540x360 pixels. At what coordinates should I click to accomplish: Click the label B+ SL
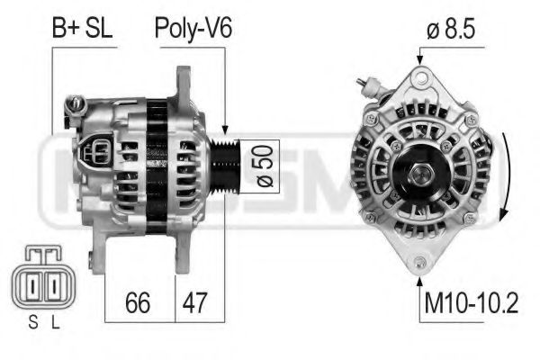point(82,29)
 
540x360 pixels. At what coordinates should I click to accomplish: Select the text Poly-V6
point(193,29)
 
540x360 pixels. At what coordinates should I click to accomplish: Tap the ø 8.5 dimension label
point(449,29)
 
